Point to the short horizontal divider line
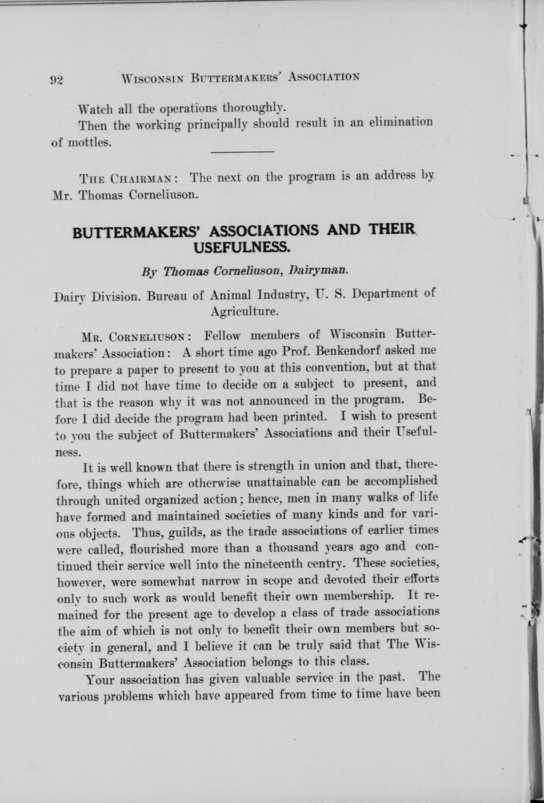242,152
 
